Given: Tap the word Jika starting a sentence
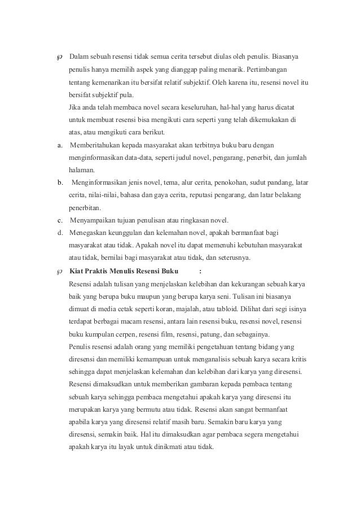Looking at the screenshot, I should coord(73,107).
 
